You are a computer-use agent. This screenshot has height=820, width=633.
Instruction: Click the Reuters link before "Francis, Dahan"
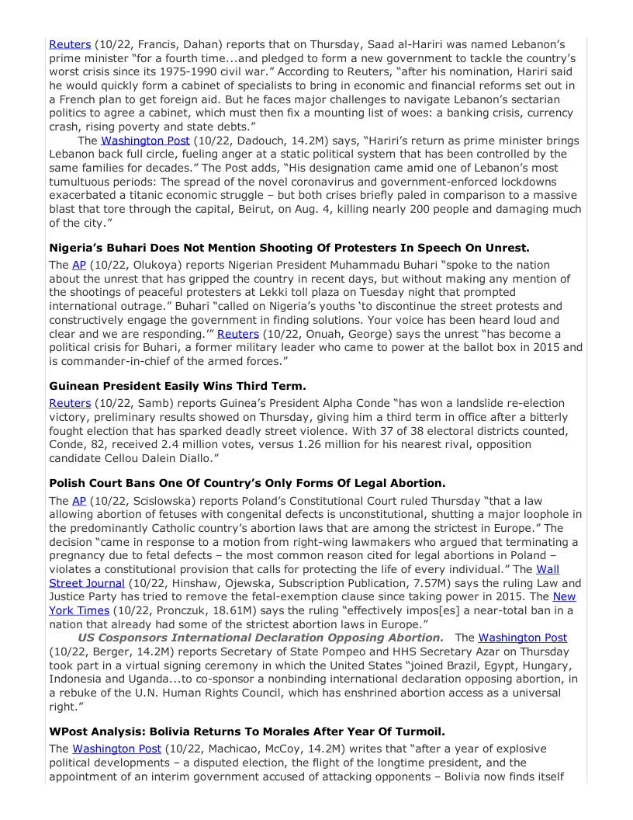pos(70,44)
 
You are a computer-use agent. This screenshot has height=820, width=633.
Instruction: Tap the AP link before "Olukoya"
pos(78,264)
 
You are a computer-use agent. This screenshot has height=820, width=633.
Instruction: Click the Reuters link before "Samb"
pos(70,403)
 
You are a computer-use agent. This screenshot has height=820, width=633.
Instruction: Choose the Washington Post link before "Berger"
pos(522,638)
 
